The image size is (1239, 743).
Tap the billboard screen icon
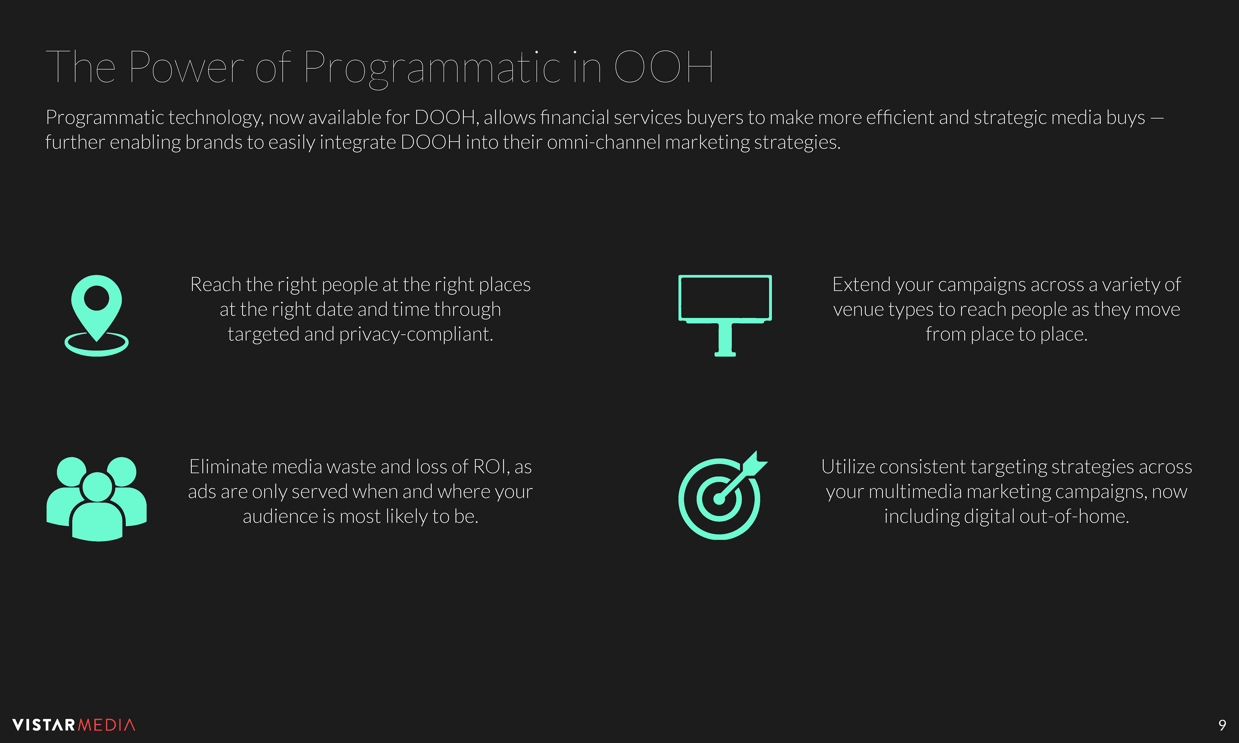click(x=725, y=315)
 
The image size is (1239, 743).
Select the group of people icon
click(x=97, y=499)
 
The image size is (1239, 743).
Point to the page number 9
click(x=1222, y=725)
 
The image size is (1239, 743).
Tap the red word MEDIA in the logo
click(x=107, y=725)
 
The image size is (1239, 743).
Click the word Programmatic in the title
click(x=432, y=68)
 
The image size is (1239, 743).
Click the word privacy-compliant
click(x=416, y=334)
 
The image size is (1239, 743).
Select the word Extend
click(x=861, y=284)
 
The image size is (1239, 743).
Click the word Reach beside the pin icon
click(x=216, y=284)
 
